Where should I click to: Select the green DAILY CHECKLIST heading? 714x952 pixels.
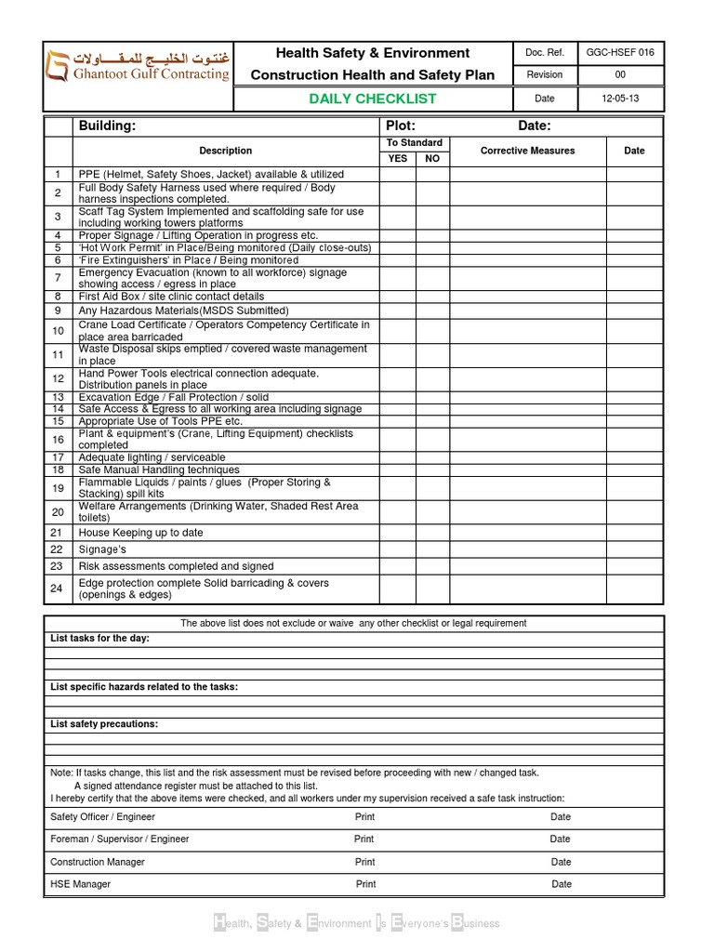coord(372,99)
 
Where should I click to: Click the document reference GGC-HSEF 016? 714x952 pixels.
coord(620,53)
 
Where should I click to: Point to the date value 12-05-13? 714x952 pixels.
coord(620,99)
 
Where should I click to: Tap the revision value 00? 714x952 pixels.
coord(620,75)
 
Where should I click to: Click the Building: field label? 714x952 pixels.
coord(107,126)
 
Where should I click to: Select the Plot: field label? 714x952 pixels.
coord(400,126)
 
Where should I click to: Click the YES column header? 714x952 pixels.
coord(397,158)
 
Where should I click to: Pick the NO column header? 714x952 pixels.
coord(432,158)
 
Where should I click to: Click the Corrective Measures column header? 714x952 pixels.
coord(527,151)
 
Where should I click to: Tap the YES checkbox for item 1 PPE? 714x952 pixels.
coord(397,174)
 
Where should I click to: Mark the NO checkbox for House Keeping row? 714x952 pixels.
coord(432,533)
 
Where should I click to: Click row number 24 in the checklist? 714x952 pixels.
coord(57,588)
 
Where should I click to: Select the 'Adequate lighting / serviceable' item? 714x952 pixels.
coord(152,457)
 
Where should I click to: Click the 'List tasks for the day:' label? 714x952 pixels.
coord(99,639)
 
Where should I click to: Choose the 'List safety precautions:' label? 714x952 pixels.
coord(104,723)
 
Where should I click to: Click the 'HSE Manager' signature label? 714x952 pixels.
coord(80,884)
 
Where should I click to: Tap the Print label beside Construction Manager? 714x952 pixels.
coord(364,862)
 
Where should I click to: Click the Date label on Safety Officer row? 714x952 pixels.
coord(561,816)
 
